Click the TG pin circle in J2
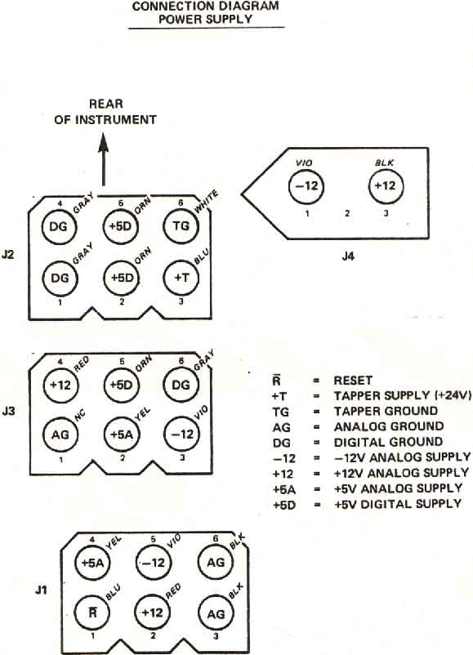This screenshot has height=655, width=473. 181,226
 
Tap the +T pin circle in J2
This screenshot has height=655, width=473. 181,278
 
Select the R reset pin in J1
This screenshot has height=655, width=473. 93,613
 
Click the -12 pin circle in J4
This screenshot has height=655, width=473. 306,186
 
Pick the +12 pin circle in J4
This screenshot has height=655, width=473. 386,185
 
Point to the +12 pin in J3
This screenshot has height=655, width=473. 61,385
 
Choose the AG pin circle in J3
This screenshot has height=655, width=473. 60,434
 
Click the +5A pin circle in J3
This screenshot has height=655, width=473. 121,434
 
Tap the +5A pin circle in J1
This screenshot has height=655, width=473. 93,562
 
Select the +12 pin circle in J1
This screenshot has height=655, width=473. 153,613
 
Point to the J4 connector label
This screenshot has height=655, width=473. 348,256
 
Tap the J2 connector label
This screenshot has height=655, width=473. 8,254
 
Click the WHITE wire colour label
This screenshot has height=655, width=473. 207,202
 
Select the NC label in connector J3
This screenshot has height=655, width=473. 79,415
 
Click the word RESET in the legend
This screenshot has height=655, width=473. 353,380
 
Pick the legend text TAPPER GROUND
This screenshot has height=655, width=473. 386,411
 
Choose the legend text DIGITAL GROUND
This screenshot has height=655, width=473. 388,442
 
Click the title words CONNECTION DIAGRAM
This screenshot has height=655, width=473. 206,7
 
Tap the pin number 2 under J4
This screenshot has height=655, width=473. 347,213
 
